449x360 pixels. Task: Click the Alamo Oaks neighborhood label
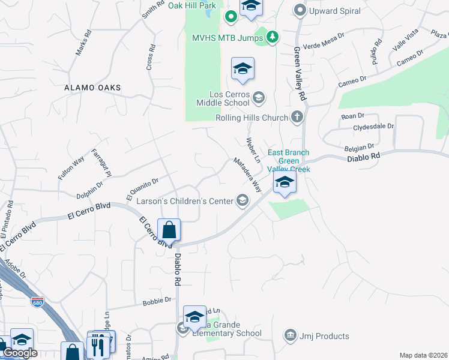click(x=93, y=88)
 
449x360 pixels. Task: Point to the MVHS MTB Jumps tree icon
click(x=273, y=37)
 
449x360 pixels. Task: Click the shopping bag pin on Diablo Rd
click(x=169, y=230)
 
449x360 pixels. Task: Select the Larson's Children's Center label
click(x=184, y=201)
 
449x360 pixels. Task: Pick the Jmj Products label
click(x=324, y=336)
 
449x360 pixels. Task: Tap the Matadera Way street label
click(x=248, y=175)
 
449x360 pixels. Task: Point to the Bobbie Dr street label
click(x=157, y=302)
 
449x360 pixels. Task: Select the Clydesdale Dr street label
click(x=373, y=127)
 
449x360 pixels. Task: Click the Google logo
click(x=19, y=353)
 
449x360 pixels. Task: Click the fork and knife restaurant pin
click(x=96, y=346)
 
